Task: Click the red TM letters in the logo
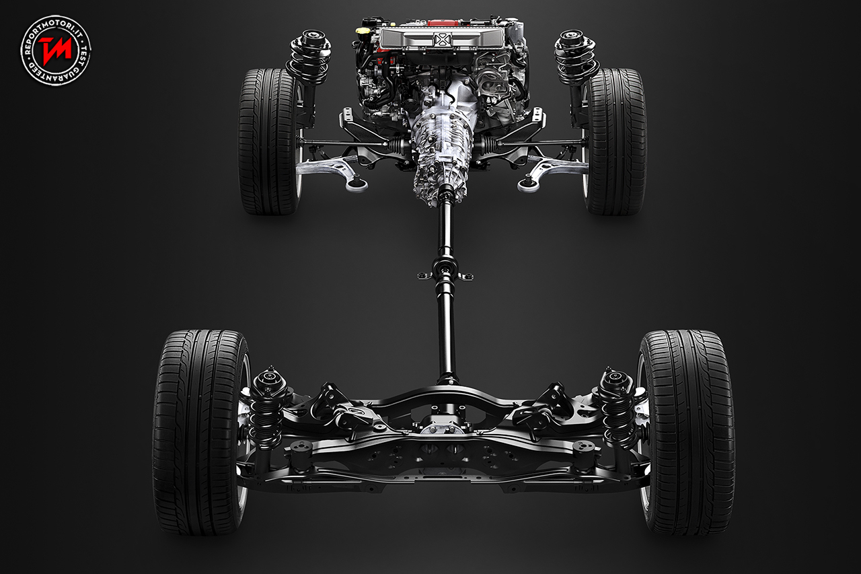[55, 50]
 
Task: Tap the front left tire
[268, 141]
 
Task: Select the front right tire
[615, 141]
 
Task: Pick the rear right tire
[687, 432]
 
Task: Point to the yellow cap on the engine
[363, 30]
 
